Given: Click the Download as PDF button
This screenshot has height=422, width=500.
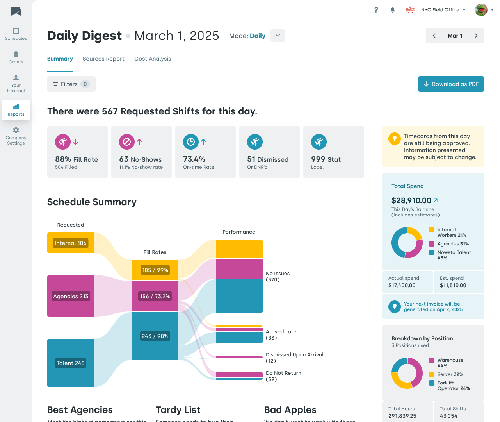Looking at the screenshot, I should [451, 84].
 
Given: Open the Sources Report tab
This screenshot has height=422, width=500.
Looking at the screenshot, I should [103, 59].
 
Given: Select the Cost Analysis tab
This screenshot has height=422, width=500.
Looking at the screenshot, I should [153, 59].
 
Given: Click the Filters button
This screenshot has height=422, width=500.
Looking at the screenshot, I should [71, 84].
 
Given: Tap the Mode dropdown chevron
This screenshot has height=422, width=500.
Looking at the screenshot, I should [278, 36].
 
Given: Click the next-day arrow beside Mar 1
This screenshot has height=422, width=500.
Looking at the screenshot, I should [476, 36].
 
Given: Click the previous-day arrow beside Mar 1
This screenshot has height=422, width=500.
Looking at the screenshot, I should [434, 36].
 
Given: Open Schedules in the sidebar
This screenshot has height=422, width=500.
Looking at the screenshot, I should [16, 34].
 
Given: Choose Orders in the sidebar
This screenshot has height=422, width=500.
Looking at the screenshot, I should [16, 57].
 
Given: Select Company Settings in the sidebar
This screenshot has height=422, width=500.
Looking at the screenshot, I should [16, 136].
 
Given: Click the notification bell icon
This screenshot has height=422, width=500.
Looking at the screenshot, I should [393, 10].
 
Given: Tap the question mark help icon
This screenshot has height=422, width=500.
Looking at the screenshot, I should [376, 10].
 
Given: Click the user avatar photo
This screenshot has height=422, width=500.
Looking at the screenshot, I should [481, 10].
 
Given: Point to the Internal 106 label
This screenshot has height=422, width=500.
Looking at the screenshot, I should [71, 243].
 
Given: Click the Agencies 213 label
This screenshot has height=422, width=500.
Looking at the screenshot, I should [71, 296].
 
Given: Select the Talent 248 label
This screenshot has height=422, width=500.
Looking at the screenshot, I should [71, 363].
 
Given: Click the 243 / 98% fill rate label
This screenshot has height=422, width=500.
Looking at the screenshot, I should [155, 336].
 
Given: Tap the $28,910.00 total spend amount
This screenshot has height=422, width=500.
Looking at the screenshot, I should [411, 200].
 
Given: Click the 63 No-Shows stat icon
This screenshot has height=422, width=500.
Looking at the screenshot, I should [127, 142].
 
